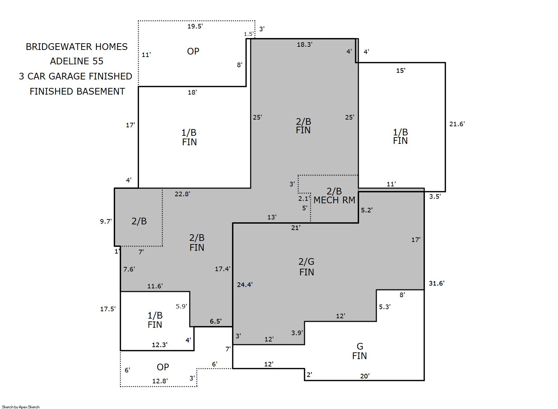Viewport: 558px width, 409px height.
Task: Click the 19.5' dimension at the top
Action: coord(195,26)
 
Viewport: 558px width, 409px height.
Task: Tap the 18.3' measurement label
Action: coord(305,45)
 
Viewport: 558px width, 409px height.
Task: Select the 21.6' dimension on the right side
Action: coord(457,124)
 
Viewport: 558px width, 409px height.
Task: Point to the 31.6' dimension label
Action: coord(437,283)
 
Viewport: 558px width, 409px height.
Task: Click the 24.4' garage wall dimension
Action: coord(245,285)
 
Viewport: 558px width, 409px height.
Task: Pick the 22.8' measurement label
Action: coord(182,194)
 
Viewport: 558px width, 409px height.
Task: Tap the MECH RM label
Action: coord(334,200)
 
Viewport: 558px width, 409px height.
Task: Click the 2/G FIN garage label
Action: coord(307,267)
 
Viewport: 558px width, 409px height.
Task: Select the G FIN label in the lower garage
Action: coord(359,351)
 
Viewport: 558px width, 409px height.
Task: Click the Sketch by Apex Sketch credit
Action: coord(21,407)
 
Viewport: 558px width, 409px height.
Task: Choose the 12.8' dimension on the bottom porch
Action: coord(160,381)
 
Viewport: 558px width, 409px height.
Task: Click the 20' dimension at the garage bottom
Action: coord(365,376)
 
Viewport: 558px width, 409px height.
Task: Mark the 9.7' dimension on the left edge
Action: coord(106,221)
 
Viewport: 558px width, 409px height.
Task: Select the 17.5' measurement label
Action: coord(108,309)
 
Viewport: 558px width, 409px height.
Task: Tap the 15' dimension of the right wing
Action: coord(401,71)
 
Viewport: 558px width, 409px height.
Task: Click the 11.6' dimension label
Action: coord(155,286)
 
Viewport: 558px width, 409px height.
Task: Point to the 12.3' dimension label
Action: coord(160,345)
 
